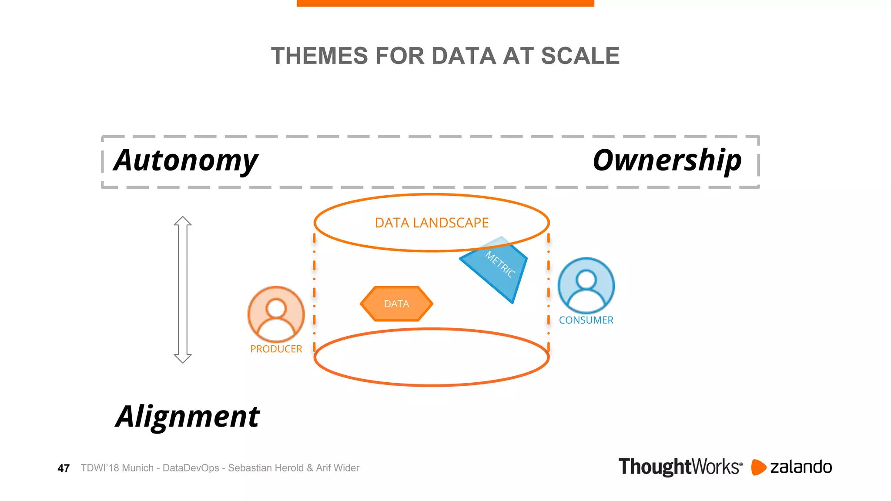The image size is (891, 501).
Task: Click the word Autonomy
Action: [186, 160]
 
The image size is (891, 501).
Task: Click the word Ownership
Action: [667, 160]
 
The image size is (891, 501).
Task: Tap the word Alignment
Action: [188, 417]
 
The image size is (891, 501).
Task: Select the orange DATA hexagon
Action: [396, 304]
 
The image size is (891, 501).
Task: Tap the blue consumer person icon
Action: [586, 285]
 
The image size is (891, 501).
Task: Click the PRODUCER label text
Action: [276, 349]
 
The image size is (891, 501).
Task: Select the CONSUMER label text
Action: [586, 320]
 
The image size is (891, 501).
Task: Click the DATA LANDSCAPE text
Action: [432, 223]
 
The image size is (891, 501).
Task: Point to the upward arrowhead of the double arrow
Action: [183, 221]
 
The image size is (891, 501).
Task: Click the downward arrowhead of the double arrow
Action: [183, 358]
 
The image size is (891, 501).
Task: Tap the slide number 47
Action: [64, 468]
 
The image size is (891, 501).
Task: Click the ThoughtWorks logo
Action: [680, 467]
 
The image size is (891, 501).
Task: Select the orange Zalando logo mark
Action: [758, 467]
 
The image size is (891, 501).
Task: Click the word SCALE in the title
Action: [580, 56]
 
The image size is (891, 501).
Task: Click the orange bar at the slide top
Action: [445, 3]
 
